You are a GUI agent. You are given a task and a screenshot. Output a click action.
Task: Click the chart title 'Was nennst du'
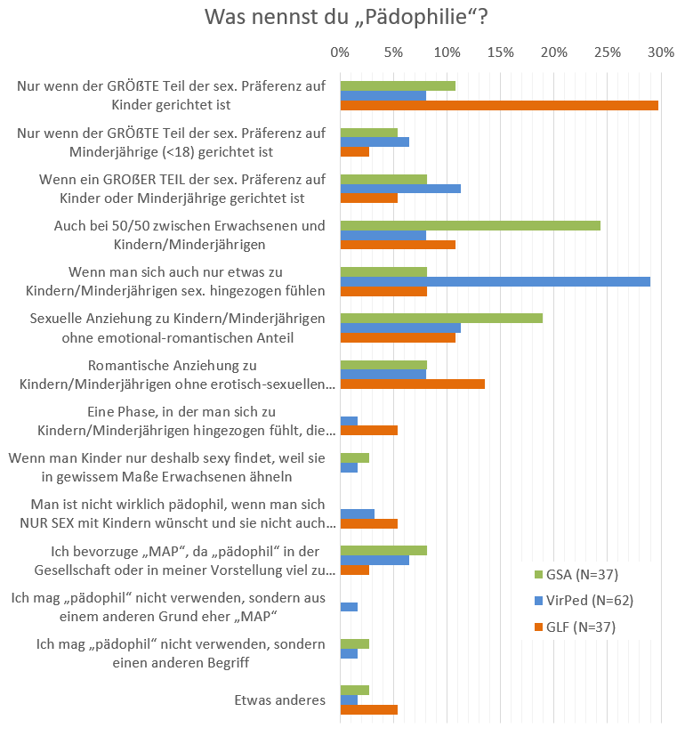pos(346,18)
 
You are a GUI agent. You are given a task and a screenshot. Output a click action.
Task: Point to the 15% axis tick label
pos(500,53)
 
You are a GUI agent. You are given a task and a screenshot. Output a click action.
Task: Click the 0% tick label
pos(340,53)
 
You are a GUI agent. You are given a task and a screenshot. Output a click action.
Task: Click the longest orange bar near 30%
pos(499,105)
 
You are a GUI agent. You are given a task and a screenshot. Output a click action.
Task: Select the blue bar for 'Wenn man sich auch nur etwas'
pos(496,281)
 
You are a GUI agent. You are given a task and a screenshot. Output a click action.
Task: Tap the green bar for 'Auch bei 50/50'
pos(471,225)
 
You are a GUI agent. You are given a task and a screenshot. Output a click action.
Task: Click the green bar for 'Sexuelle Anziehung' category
pos(441,318)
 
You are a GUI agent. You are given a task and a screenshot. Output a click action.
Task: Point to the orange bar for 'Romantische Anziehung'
pos(413,384)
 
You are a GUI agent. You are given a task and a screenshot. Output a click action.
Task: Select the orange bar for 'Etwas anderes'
pos(369,709)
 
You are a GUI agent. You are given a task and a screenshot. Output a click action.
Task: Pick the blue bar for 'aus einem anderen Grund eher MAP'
pos(350,607)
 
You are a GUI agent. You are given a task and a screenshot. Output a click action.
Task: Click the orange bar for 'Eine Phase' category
pos(369,430)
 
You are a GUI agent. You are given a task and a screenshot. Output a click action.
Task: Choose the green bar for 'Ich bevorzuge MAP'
pos(383,550)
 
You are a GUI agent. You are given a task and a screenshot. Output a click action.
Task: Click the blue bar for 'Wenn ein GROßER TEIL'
pos(400,188)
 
